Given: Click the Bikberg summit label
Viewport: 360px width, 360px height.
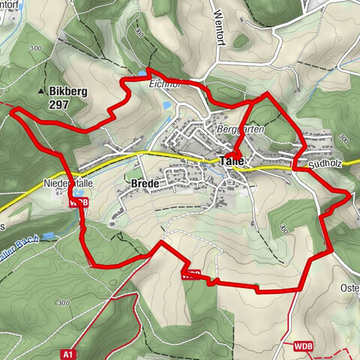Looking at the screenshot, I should coord(70,91).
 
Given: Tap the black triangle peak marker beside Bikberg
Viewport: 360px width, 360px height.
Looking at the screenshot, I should coord(41,91).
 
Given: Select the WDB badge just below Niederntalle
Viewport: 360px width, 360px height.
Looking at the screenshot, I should coord(78,202).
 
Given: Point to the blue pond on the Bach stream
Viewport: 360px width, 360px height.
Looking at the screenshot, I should coord(49,235).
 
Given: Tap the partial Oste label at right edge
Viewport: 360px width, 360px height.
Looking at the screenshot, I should coord(350,287).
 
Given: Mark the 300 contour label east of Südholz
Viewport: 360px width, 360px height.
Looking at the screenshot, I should coord(344,139).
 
